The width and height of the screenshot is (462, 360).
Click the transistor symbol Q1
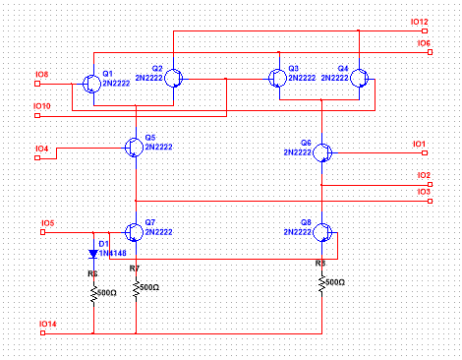91,83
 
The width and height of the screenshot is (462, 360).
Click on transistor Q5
135,147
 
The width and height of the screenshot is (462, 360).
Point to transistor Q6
323,152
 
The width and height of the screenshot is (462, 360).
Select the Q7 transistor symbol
135,232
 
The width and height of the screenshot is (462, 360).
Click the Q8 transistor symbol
323,233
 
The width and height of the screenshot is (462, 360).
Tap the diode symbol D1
93,253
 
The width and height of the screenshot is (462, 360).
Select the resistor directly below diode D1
93,294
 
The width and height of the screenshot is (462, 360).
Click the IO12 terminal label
420,22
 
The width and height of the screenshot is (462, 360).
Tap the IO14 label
46,323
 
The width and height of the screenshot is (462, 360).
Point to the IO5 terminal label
47,223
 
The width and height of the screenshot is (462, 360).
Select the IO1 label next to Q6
419,144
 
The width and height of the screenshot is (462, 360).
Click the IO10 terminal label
42,105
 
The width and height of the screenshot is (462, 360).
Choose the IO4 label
42,149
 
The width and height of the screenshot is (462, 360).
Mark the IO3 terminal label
424,191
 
